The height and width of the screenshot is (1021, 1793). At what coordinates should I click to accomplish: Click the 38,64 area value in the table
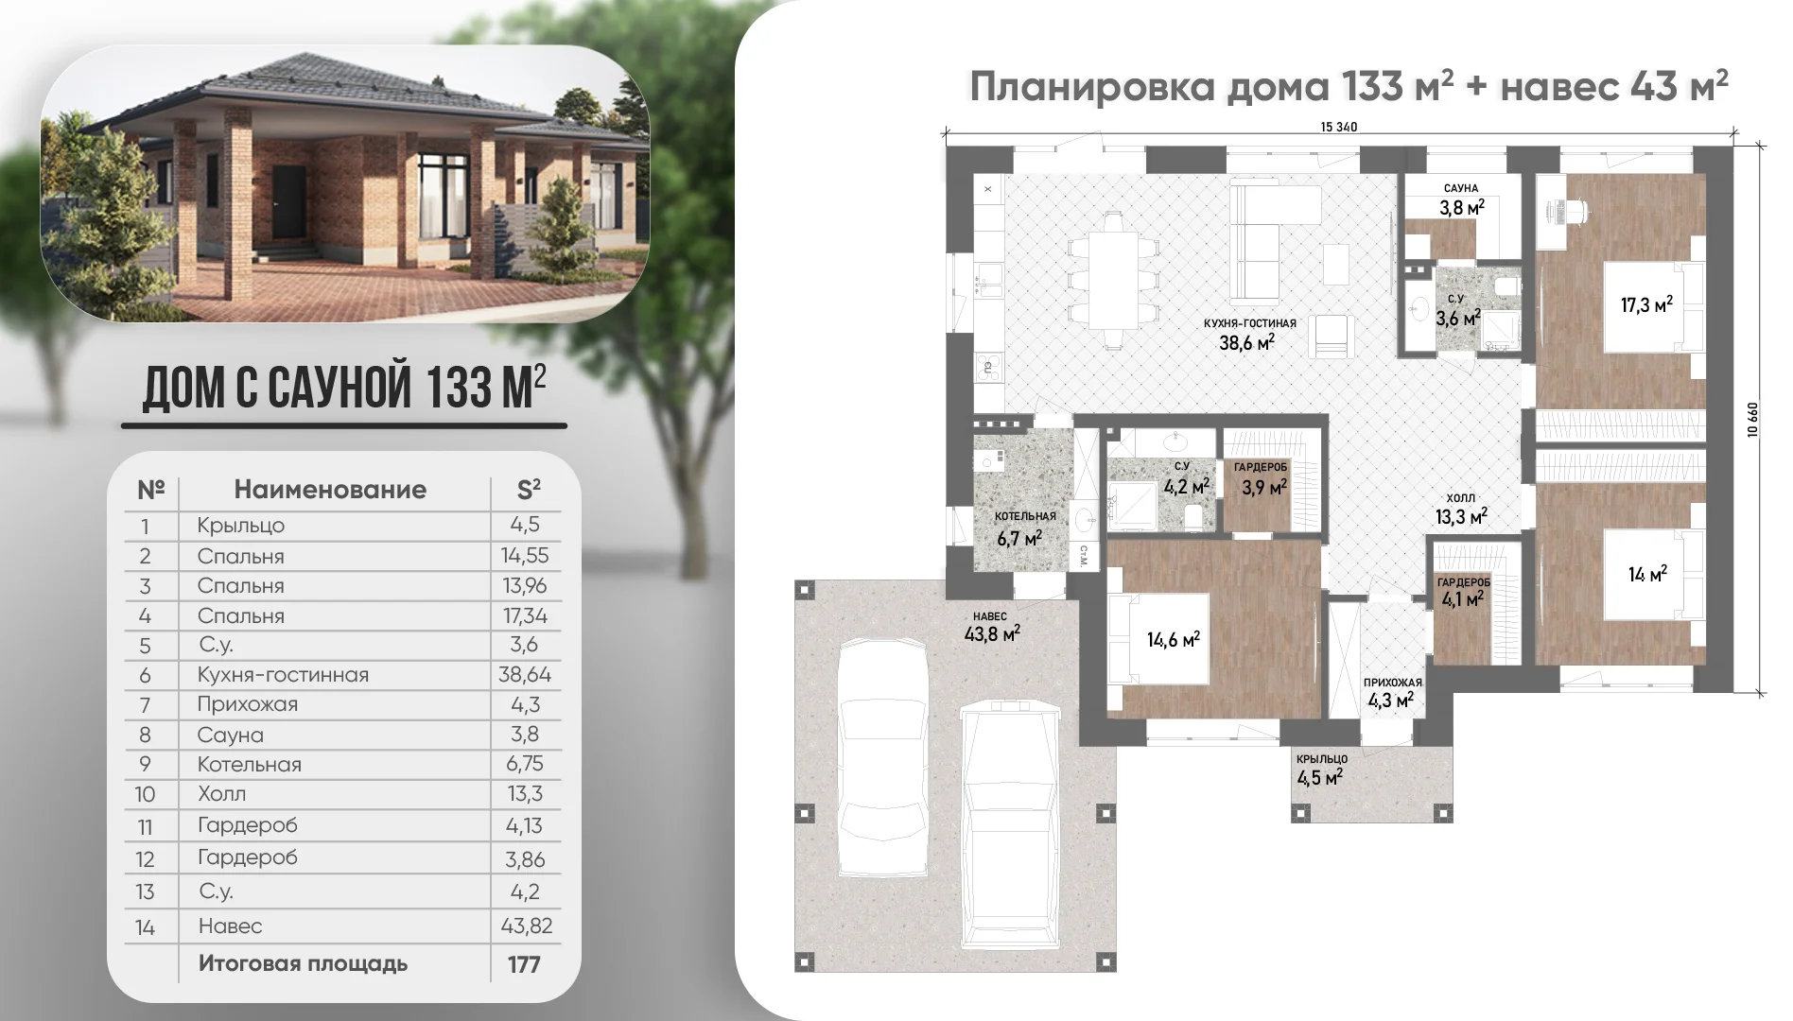tap(525, 674)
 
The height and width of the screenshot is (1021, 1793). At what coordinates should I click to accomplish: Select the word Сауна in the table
tap(230, 735)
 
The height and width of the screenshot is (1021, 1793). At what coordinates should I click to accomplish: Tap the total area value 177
tap(524, 964)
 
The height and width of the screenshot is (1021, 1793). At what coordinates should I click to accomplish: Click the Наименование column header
tap(330, 490)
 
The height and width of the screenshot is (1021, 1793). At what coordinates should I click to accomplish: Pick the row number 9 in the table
tap(145, 764)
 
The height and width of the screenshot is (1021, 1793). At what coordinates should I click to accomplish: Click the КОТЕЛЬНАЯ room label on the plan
tap(1025, 516)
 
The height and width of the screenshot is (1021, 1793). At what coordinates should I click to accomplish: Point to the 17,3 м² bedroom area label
tap(1646, 304)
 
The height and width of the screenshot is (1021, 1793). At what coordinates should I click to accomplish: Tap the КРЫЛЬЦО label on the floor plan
tap(1322, 759)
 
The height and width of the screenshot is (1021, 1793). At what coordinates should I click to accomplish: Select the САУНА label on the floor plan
tap(1461, 188)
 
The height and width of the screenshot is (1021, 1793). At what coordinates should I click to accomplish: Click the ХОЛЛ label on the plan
tap(1461, 497)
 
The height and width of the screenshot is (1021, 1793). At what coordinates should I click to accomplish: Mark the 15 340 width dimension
tap(1338, 127)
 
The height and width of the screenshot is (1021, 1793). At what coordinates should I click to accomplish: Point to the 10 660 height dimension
tap(1752, 420)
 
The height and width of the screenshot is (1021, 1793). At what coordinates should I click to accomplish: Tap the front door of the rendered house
tap(289, 204)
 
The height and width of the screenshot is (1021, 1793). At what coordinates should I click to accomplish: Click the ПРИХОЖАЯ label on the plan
tap(1392, 683)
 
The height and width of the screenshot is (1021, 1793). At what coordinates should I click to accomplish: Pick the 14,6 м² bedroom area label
tap(1174, 640)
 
